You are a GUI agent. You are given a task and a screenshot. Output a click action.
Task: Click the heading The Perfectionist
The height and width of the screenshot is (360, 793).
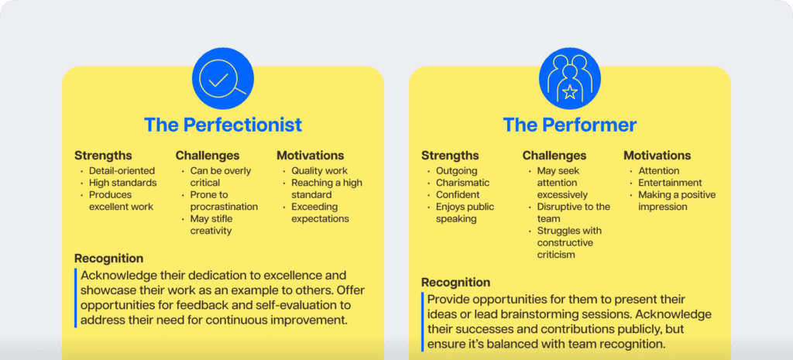[x=222, y=125]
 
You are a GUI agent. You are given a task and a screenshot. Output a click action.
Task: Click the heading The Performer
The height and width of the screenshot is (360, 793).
[x=569, y=125]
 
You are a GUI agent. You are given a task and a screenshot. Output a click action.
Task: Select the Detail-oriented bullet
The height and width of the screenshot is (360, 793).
[x=122, y=171]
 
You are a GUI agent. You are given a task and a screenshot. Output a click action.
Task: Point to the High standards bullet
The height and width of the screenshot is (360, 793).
[x=122, y=183]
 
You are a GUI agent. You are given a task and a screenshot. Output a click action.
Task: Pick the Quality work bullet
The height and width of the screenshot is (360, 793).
[x=319, y=171]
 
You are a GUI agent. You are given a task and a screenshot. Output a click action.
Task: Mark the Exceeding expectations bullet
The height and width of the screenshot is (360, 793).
[x=320, y=213]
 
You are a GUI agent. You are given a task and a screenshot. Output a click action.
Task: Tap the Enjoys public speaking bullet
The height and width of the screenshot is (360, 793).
[x=465, y=213]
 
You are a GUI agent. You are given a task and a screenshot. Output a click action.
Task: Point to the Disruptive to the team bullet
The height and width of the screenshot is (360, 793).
[x=573, y=213]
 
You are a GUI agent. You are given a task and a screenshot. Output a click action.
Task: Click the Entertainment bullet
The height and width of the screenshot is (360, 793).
[x=670, y=183]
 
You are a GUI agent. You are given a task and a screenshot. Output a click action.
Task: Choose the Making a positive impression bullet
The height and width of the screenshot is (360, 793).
[x=676, y=201]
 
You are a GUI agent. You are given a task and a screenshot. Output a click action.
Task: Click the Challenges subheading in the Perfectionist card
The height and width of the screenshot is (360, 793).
[x=208, y=156]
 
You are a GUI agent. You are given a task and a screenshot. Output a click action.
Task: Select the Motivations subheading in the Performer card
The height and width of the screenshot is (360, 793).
[x=657, y=156]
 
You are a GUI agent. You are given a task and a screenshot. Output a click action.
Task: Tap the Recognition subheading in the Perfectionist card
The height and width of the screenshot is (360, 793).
[x=108, y=259]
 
